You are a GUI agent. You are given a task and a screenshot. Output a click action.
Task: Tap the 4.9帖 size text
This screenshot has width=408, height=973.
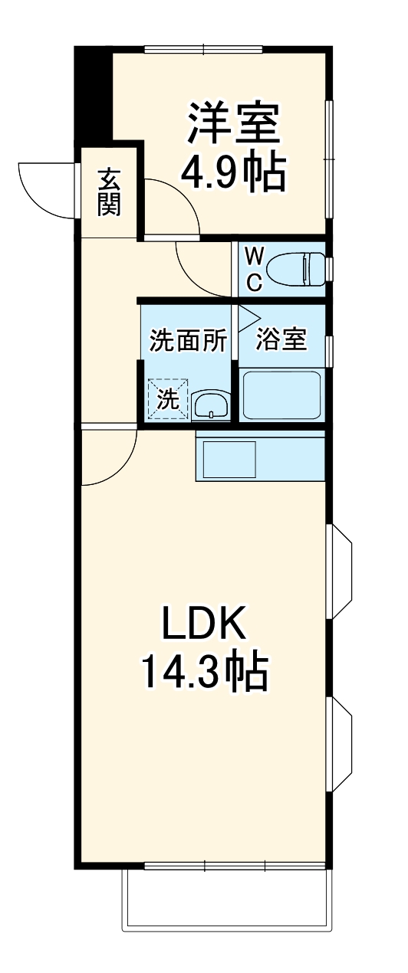click(234, 174)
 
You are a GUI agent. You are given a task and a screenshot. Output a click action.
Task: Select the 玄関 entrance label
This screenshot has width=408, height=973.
click(109, 192)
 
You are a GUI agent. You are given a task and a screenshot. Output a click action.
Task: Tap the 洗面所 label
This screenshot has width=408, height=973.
click(188, 340)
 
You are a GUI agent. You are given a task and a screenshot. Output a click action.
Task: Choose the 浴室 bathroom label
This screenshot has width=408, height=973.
click(281, 339)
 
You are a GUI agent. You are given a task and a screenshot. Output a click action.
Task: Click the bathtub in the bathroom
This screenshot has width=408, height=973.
click(281, 395)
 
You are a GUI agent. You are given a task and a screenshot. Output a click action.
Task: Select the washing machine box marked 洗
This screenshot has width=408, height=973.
click(168, 398)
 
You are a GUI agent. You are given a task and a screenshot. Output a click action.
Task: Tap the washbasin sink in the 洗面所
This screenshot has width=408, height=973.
click(209, 403)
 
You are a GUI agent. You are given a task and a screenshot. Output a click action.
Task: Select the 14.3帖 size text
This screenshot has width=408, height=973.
click(203, 673)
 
